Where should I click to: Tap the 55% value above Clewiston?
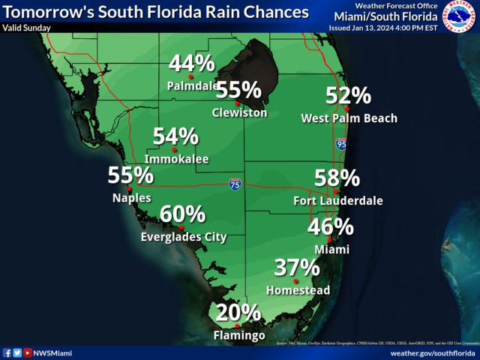[x=238, y=91]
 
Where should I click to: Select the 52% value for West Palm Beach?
[x=349, y=96]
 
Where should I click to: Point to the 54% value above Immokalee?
[x=176, y=136]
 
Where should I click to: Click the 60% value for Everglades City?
[x=183, y=214]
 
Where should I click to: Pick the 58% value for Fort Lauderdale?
[x=337, y=178]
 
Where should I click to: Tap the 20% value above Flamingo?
[x=238, y=313]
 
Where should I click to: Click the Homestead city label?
[x=298, y=290]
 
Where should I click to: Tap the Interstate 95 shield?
[x=341, y=144]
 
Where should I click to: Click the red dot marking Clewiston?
[x=236, y=103]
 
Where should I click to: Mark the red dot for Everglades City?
[x=181, y=227]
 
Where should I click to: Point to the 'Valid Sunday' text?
[x=27, y=28]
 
